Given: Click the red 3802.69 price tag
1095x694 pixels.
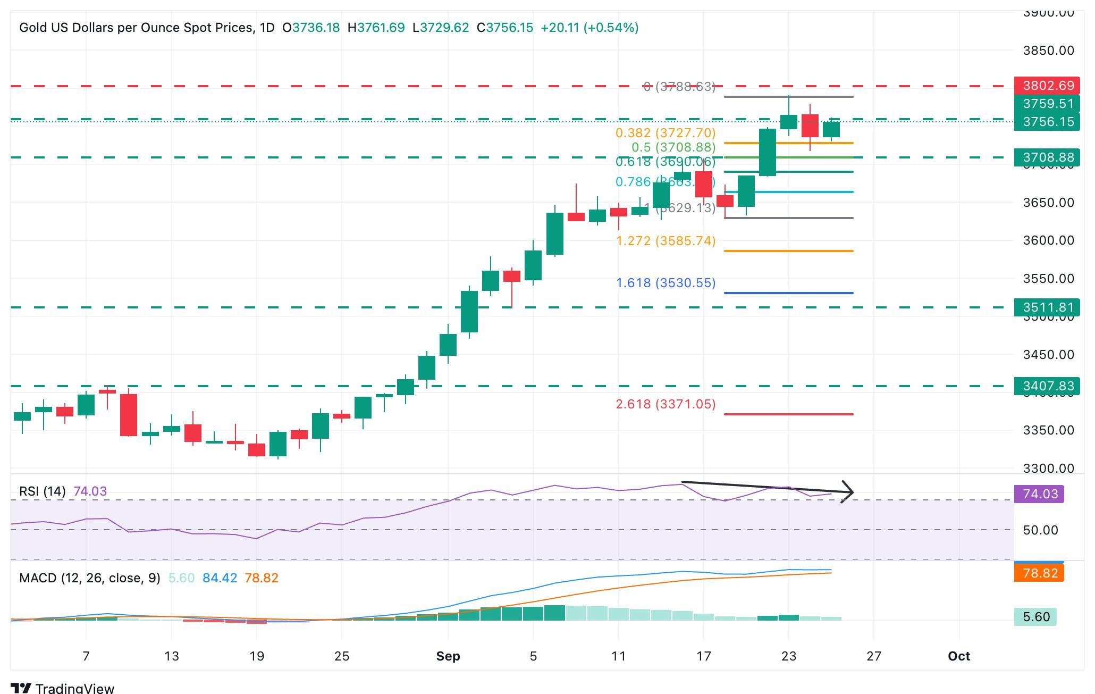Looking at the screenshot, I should coord(1047,86).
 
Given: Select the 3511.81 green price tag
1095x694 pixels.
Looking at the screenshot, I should coord(1047,307).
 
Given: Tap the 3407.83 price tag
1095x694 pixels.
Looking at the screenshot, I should coord(1047,386).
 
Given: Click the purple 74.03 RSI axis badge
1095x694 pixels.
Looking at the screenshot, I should coord(1040,494).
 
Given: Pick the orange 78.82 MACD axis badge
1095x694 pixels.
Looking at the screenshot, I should coord(1039,573).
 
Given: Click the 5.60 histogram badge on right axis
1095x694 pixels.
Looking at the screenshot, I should coord(1035,617).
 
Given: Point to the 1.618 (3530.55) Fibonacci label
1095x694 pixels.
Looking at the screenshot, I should coord(666,283).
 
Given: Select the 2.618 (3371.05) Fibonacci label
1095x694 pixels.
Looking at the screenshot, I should coord(666,404).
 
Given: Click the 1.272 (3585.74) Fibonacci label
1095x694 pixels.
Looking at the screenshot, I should coord(666,241).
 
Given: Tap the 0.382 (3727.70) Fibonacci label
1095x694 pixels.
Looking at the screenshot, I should coord(666,132).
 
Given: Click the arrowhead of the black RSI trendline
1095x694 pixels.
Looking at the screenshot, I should coord(849,492).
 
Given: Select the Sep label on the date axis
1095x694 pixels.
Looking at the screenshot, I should coord(448,656).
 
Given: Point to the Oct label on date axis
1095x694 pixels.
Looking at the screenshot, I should coord(958,656).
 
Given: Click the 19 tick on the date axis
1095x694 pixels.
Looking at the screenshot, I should coord(256,656).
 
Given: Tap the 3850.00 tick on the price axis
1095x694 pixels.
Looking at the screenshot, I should coord(1048,51).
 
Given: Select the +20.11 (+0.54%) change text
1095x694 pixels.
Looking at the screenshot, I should coord(589,28).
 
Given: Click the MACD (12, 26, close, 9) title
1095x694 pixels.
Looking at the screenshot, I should coord(89,578).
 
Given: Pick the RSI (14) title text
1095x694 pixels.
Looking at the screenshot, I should coord(42,491).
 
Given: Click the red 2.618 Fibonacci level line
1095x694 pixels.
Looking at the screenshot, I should coord(788,414).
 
